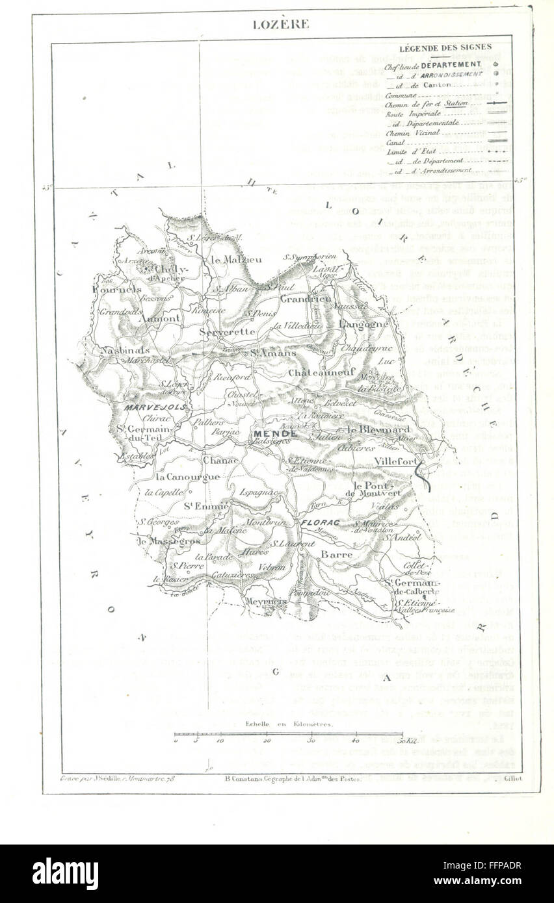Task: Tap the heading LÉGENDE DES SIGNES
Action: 445,47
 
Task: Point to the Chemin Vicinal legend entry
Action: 413,133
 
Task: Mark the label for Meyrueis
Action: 266,602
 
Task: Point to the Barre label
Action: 337,554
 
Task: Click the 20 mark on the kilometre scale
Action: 267,741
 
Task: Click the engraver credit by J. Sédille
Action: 118,777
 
